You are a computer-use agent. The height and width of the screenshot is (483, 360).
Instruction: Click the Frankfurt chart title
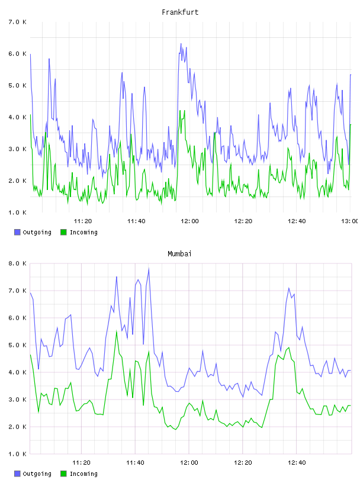pos(180,12)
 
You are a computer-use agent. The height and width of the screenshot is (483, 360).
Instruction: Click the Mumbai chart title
pos(179,254)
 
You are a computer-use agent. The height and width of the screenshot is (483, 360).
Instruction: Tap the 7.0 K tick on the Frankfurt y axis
pos(17,22)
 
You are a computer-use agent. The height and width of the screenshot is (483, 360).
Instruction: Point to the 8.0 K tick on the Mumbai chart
pos(17,263)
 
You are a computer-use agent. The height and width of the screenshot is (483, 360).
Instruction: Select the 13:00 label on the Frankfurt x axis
pos(350,221)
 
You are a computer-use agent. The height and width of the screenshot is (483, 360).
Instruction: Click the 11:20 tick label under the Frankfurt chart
pos(83,221)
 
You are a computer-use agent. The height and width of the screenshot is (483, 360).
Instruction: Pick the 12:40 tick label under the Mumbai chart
pos(297,462)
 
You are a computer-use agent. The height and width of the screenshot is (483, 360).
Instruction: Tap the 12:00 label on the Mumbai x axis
pos(189,462)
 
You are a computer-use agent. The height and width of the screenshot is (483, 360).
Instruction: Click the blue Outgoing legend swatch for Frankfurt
pos(17,232)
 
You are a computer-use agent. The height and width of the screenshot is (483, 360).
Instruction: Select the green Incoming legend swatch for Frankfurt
pos(63,232)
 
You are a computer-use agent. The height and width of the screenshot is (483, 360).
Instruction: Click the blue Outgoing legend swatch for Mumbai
pos(17,474)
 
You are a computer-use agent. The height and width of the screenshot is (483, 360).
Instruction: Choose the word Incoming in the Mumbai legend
pos(83,474)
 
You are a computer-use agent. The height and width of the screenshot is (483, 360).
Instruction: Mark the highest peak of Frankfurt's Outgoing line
pos(181,43)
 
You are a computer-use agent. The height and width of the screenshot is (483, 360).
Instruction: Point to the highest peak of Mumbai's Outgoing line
pos(149,269)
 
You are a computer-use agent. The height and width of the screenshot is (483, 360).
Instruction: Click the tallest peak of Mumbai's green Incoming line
pos(117,331)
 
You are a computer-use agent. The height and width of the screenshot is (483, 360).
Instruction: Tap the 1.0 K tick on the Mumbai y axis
pos(17,454)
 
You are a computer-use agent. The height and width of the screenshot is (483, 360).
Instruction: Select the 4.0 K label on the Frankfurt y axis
pos(17,117)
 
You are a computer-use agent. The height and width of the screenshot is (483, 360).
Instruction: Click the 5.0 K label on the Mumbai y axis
pos(17,345)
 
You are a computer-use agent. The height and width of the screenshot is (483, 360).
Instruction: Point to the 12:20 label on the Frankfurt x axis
pos(243,221)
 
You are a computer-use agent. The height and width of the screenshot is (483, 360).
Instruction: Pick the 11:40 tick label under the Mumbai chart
pos(135,462)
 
